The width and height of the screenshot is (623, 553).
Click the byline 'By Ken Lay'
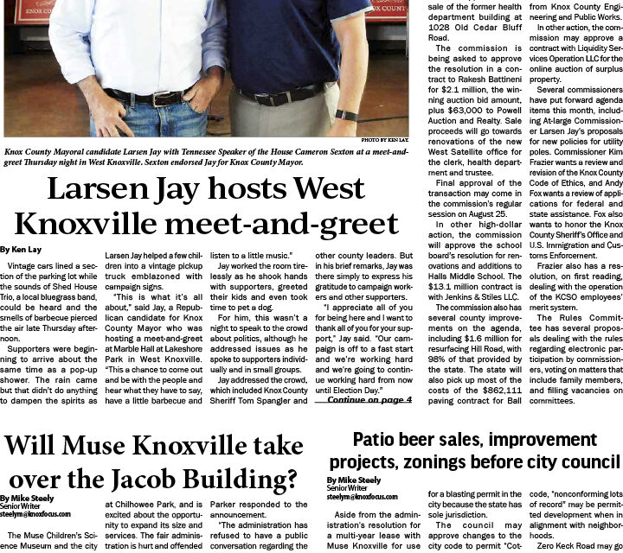tap(20, 249)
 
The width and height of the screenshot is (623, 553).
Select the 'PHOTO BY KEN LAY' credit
tap(384, 138)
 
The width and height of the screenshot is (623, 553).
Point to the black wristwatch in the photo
tap(346, 115)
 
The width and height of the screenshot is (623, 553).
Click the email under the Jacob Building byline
tap(35, 514)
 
